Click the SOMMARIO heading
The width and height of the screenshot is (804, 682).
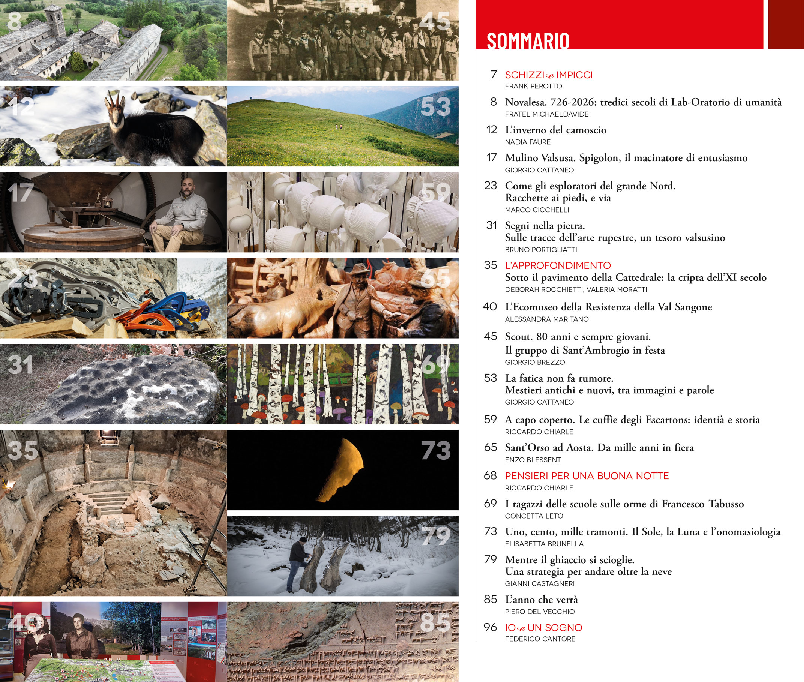tap(528, 41)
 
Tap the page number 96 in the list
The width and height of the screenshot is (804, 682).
tap(490, 627)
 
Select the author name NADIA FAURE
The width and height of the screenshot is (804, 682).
tap(528, 142)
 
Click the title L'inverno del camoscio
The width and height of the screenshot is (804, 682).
tap(555, 130)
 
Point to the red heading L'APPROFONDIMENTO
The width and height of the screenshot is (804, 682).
tap(558, 265)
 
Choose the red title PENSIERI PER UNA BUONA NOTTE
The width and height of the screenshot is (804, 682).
tap(586, 476)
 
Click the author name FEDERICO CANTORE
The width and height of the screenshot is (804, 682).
tap(540, 639)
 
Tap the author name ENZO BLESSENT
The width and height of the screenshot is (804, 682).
tap(532, 460)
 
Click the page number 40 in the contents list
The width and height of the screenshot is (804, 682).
tap(490, 307)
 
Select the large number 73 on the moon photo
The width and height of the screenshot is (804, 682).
tap(436, 450)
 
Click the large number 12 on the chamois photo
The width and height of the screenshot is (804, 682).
tap(22, 107)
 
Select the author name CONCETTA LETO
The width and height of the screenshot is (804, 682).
tap(534, 516)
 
